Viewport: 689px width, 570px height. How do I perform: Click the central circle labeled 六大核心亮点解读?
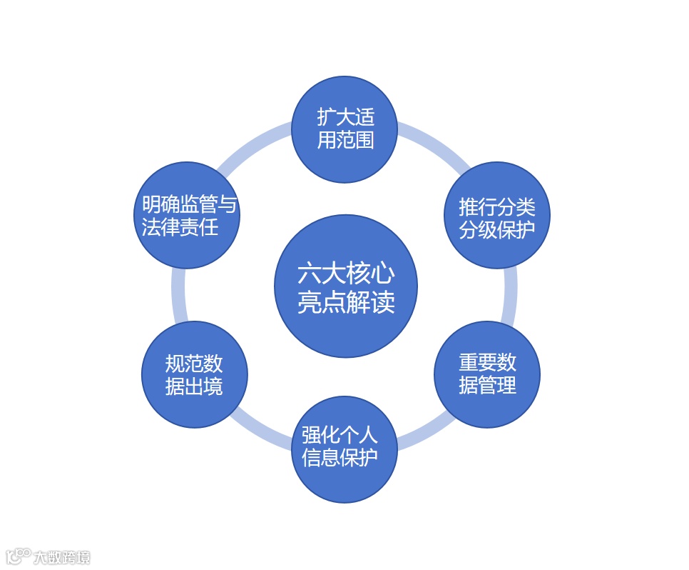click(x=345, y=286)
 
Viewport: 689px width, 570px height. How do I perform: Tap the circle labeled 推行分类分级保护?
click(x=497, y=214)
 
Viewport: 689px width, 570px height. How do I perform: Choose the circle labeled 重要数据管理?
click(x=487, y=374)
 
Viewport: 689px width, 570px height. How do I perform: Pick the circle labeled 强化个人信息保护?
click(x=344, y=449)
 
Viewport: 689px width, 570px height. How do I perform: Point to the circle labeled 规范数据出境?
click(x=195, y=374)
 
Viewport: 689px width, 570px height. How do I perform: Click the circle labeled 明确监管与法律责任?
click(x=187, y=214)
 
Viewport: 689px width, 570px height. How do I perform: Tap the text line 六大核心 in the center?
click(x=346, y=274)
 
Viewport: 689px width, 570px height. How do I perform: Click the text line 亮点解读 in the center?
click(x=346, y=303)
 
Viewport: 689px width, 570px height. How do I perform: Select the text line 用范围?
click(x=346, y=139)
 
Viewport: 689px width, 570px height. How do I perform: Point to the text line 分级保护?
click(x=497, y=230)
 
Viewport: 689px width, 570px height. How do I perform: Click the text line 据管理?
click(x=487, y=386)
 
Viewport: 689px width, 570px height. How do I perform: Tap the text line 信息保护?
click(x=340, y=458)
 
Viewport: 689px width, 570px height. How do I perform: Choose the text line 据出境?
click(x=194, y=386)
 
